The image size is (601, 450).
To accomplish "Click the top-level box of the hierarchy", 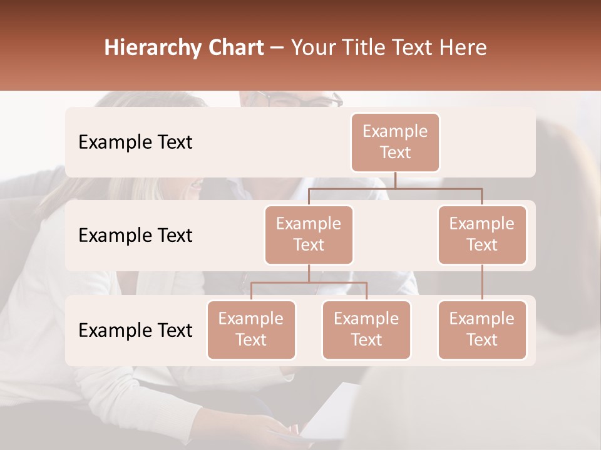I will [x=395, y=142].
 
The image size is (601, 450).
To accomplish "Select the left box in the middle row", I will [x=309, y=234].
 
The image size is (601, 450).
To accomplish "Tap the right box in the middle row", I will [x=482, y=234].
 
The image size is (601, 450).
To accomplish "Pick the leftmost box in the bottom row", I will [x=251, y=329].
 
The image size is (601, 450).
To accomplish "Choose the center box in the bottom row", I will [x=366, y=329].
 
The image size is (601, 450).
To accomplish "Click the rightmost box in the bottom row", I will [x=482, y=329].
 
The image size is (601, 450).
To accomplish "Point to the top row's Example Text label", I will [x=135, y=142].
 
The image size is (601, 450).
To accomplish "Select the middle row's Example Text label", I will [x=135, y=236].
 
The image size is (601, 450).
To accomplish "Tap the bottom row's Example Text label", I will [x=135, y=331].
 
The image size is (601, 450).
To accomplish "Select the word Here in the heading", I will [x=463, y=47].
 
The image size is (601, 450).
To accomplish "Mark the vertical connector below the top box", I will [x=395, y=180].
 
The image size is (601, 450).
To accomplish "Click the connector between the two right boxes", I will [x=482, y=282].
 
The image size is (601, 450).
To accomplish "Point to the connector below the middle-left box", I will [x=309, y=274].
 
